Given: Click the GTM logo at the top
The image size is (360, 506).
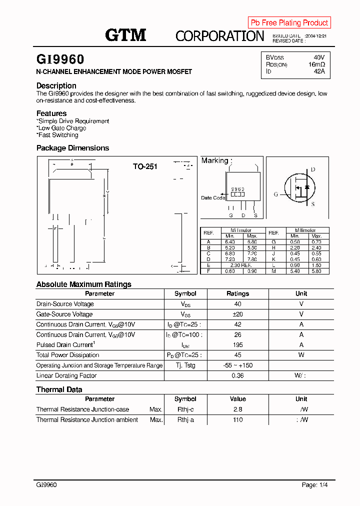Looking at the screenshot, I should [125, 35].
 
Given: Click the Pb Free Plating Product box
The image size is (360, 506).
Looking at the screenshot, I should [289, 22].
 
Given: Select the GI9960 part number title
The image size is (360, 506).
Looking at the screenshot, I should [60, 60].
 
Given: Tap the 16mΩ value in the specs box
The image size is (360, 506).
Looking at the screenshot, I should [316, 64].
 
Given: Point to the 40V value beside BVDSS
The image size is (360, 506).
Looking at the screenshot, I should [319, 57].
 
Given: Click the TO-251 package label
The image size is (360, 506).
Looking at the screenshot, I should [145, 166].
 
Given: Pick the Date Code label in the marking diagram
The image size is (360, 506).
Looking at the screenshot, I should [213, 198].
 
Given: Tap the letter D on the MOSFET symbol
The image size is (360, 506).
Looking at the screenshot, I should [313, 169].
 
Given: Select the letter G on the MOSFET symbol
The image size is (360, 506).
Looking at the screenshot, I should [275, 194].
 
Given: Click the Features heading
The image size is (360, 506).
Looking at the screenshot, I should [51, 113].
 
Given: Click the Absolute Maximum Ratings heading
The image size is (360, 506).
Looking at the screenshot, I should [83, 284].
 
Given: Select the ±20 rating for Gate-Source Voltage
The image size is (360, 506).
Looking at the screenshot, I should [237, 314].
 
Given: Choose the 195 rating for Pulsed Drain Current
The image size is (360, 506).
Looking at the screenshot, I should [237, 345].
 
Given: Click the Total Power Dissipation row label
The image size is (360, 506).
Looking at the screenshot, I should [67, 355].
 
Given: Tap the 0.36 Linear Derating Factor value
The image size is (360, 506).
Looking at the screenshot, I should [237, 375].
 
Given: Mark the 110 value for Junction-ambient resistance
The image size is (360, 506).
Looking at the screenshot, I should [237, 419].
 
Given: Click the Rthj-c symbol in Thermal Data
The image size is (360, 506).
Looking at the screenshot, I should [185, 409].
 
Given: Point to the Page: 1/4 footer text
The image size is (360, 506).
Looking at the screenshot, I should [315, 485].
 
